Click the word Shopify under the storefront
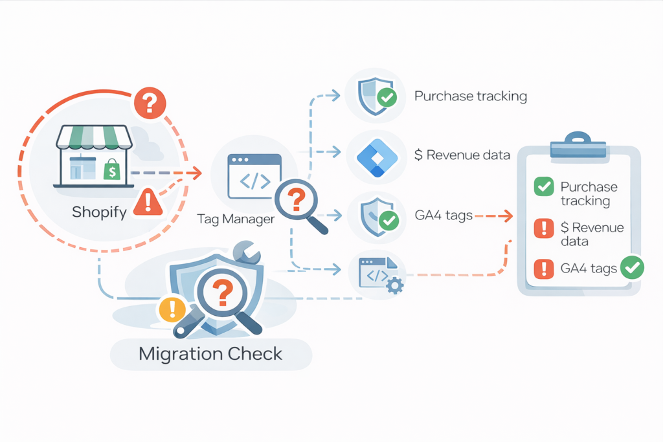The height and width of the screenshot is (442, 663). (x=99, y=212)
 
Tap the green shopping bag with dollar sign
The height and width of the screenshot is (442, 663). (x=112, y=170)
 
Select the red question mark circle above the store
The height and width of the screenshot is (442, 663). (x=150, y=103)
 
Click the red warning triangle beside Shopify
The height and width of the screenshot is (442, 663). (x=148, y=202)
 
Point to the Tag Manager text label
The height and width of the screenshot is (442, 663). (x=236, y=219)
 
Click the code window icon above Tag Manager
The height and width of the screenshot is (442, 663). (x=254, y=175)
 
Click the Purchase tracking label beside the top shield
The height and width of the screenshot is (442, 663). (x=470, y=96)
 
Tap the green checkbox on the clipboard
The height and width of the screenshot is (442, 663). (x=543, y=187)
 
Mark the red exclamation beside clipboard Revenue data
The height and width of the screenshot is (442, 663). (x=543, y=228)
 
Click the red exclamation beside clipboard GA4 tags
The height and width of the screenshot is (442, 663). (x=543, y=267)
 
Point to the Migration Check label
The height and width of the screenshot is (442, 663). (x=210, y=354)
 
